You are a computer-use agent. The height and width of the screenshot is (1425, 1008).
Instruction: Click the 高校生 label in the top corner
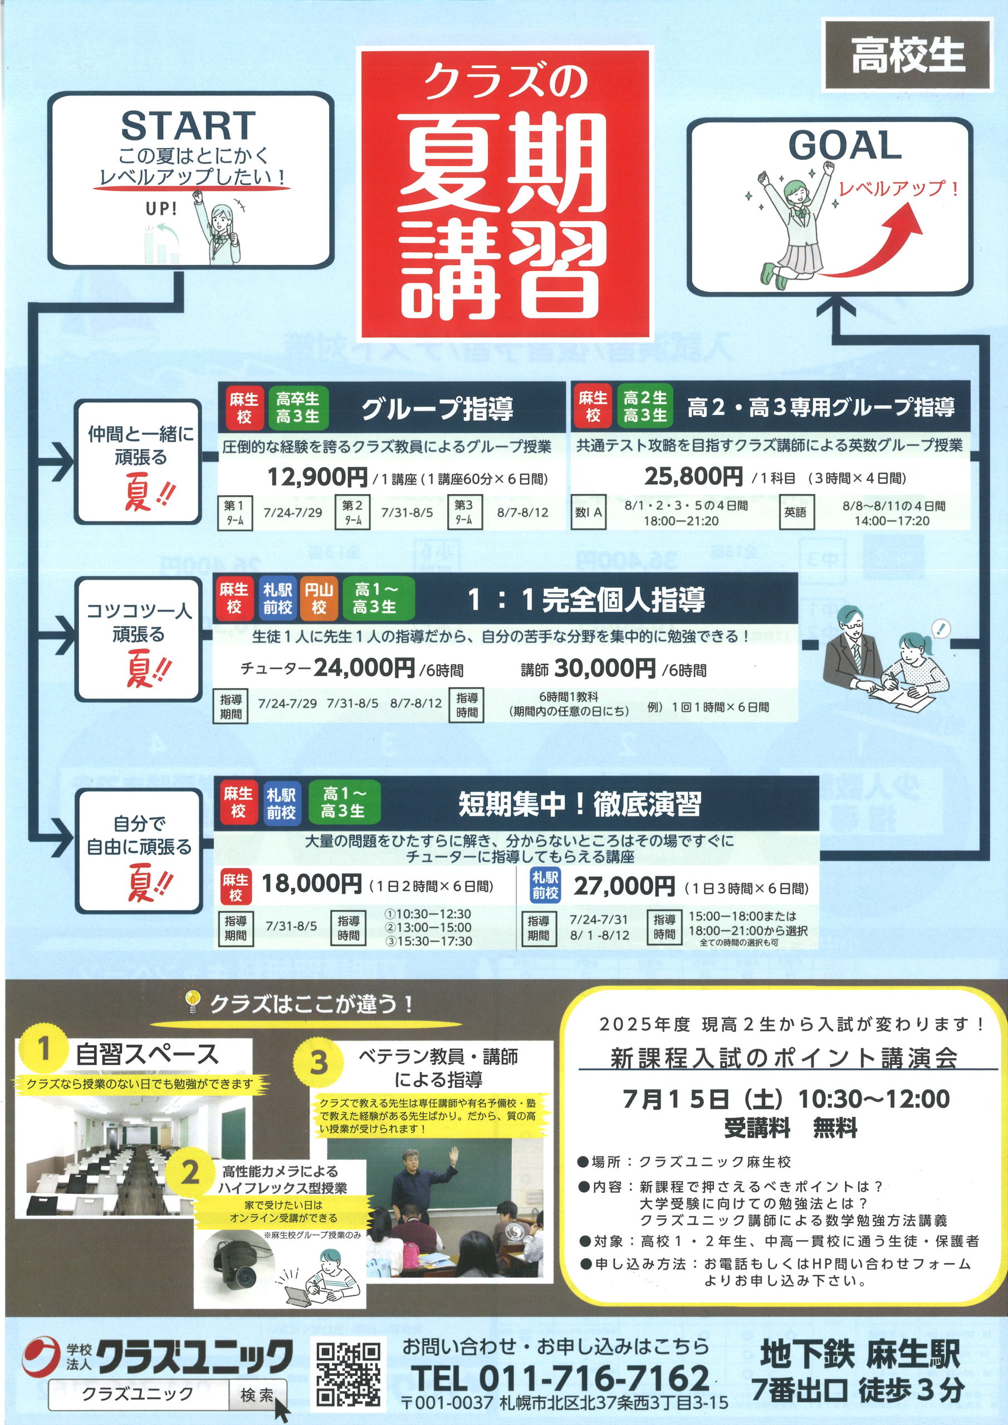pyautogui.click(x=907, y=55)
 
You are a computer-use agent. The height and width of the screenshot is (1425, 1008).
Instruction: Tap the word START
pyautogui.click(x=188, y=126)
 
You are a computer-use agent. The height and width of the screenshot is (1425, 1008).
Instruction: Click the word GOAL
pyautogui.click(x=845, y=145)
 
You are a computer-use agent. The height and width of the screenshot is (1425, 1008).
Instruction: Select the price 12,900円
pyautogui.click(x=317, y=476)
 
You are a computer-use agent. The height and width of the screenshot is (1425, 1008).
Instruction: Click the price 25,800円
pyautogui.click(x=693, y=476)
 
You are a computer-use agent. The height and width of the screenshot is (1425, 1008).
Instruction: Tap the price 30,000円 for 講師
pyautogui.click(x=604, y=669)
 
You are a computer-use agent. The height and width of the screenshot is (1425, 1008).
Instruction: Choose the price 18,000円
pyautogui.click(x=311, y=884)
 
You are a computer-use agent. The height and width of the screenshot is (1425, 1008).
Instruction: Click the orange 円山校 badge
pyautogui.click(x=319, y=598)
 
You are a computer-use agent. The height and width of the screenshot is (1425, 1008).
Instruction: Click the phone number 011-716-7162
pyautogui.click(x=594, y=1378)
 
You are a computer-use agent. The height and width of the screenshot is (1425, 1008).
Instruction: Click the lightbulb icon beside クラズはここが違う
pyautogui.click(x=193, y=1003)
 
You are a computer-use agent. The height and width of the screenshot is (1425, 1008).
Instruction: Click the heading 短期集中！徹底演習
pyautogui.click(x=579, y=804)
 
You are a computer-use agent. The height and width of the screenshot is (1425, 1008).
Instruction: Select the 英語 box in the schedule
pyautogui.click(x=796, y=512)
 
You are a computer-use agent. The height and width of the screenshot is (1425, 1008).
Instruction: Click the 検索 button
pyautogui.click(x=257, y=1394)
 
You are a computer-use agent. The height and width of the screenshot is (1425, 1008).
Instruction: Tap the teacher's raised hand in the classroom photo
pyautogui.click(x=454, y=1156)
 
